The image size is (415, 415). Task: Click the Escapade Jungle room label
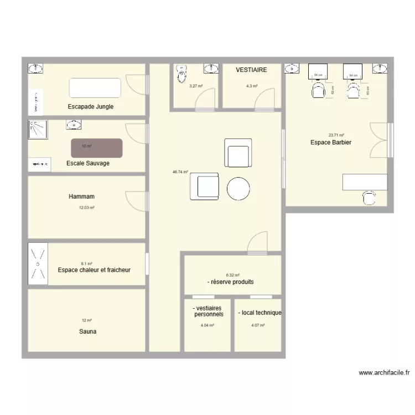coord(90,106)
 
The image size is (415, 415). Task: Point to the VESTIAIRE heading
coord(251,70)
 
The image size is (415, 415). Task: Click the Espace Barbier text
coord(331,142)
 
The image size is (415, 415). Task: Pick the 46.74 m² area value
coord(180,172)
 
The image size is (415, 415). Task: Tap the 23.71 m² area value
coord(336,135)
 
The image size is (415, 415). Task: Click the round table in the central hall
coord(239,188)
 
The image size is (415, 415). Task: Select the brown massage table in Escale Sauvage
coord(96,148)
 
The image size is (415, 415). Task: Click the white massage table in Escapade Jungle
coord(95,88)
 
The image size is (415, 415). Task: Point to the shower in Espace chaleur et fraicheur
coord(38,264)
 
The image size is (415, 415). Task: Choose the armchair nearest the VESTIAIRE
coord(238,153)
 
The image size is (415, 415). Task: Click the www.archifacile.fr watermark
coord(383,373)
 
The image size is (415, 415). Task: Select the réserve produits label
coord(231,282)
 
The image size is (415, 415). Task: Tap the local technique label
coord(260,313)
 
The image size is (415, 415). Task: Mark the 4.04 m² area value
coord(207,325)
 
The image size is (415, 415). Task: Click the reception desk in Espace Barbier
coord(365,181)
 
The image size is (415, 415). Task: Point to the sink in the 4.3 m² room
coord(211,69)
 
